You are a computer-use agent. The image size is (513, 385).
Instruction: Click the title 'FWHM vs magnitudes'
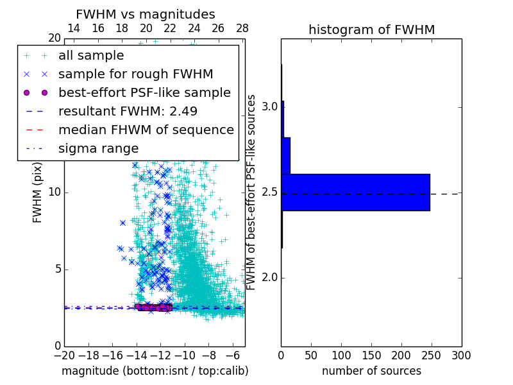point(145,14)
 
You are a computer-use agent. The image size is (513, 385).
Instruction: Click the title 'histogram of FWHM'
point(371,30)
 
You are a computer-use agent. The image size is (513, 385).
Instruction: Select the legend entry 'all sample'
point(91,56)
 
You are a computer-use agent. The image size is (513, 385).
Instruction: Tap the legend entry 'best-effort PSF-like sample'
point(144,93)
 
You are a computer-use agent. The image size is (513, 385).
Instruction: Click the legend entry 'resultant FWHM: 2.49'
point(128,112)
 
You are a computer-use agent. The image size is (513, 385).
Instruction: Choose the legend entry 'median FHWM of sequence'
point(146,130)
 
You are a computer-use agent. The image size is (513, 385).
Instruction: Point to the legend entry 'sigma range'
point(98,149)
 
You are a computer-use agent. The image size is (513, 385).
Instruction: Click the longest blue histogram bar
point(355,192)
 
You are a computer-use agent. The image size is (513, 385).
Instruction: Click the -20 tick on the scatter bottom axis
point(64,355)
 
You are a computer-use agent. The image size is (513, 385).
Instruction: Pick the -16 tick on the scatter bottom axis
point(112,355)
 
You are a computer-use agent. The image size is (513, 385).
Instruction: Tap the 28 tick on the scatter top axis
point(242,29)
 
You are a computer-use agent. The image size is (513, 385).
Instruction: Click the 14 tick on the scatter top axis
point(74,29)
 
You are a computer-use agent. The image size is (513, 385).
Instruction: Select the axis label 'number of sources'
point(371,371)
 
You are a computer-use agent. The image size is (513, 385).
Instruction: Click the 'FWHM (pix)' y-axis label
point(38,193)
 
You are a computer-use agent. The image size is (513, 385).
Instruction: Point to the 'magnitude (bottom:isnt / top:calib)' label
point(155,371)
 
